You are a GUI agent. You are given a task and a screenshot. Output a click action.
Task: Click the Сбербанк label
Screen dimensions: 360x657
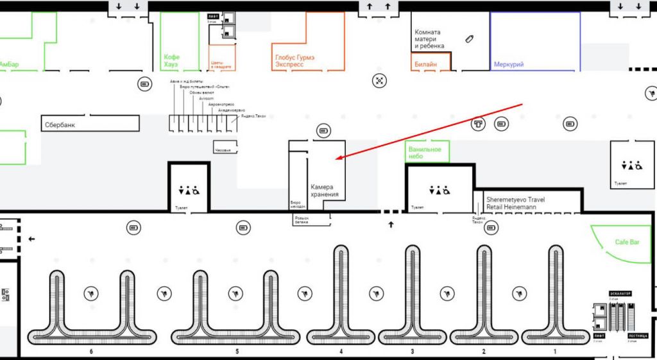click(60, 125)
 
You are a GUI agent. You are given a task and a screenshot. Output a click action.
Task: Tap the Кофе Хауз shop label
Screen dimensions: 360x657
click(172, 61)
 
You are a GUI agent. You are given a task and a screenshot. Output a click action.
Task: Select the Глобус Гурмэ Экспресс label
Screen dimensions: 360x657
click(297, 61)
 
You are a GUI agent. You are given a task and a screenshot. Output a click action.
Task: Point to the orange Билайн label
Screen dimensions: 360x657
click(425, 64)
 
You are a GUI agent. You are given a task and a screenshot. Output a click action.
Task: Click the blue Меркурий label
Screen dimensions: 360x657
click(509, 64)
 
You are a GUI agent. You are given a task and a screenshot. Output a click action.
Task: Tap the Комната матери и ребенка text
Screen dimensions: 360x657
click(428, 39)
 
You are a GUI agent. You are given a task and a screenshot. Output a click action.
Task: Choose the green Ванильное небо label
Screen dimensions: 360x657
click(425, 153)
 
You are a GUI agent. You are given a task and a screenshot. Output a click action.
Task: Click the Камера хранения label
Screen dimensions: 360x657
click(325, 191)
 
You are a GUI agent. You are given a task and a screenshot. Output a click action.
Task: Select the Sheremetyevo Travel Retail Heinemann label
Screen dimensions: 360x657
click(515, 203)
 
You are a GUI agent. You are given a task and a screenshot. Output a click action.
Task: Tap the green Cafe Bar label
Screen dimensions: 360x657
click(627, 242)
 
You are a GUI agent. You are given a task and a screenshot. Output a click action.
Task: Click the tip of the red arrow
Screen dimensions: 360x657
click(336, 159)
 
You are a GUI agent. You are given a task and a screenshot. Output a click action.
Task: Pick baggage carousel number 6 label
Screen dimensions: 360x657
click(92, 352)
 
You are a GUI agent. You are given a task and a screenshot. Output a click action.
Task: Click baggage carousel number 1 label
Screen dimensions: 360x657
click(555, 352)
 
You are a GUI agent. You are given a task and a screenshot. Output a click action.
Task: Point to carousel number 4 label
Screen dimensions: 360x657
click(341, 352)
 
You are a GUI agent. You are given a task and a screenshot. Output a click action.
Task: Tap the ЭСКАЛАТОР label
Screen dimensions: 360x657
click(620, 293)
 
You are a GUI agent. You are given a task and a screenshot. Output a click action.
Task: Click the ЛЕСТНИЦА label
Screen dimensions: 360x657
click(638, 336)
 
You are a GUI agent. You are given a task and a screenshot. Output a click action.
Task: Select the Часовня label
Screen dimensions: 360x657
click(222, 150)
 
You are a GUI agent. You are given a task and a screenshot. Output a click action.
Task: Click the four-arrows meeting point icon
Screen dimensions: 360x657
click(380, 80)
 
